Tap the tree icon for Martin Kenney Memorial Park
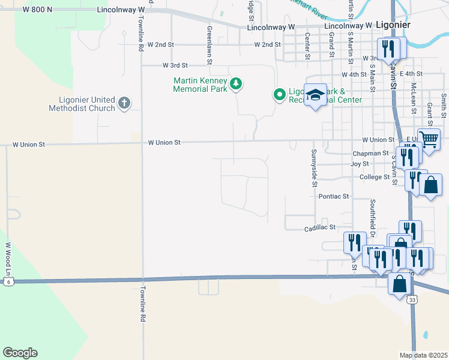pyautogui.click(x=237, y=84)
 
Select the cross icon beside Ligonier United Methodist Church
pyautogui.click(x=124, y=103)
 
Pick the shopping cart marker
pyautogui.click(x=429, y=140)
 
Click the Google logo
pyautogui.click(x=20, y=353)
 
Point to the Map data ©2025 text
pyautogui.click(x=423, y=355)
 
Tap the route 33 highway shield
pyautogui.click(x=411, y=299)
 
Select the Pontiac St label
pyautogui.click(x=334, y=196)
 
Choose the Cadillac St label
pyautogui.click(x=319, y=229)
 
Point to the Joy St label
pyautogui.click(x=360, y=164)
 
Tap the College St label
pyautogui.click(x=375, y=177)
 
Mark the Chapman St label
pyautogui.click(x=371, y=154)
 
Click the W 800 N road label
pyautogui.click(x=37, y=10)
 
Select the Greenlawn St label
pyautogui.click(x=210, y=40)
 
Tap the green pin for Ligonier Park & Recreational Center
pyautogui.click(x=279, y=95)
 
